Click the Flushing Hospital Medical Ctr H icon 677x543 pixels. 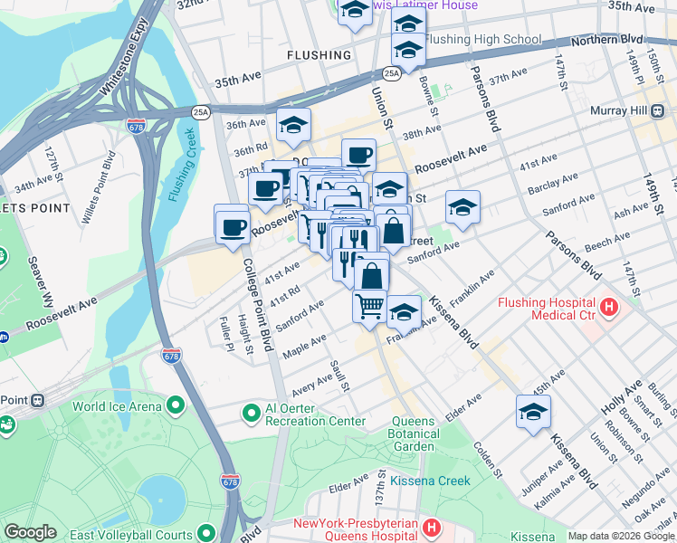(609, 308)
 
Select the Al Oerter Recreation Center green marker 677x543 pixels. (251, 414)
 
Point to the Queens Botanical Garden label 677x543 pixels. (415, 433)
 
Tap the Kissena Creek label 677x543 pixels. (430, 481)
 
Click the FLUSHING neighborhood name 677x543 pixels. (319, 55)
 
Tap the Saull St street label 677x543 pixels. (339, 376)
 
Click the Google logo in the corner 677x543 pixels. (30, 532)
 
